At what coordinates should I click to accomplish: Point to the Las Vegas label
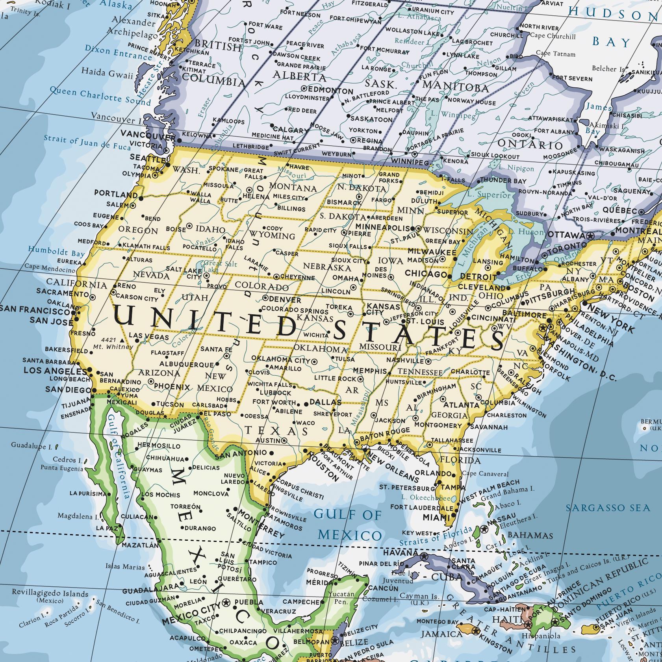149,337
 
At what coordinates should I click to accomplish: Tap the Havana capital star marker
424,556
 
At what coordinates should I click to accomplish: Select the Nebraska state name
326,267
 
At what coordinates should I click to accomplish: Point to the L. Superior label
488,195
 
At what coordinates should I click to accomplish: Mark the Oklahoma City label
281,359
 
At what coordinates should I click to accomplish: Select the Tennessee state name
420,372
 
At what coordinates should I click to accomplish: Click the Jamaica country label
441,634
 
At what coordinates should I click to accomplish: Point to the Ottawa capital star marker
590,236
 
